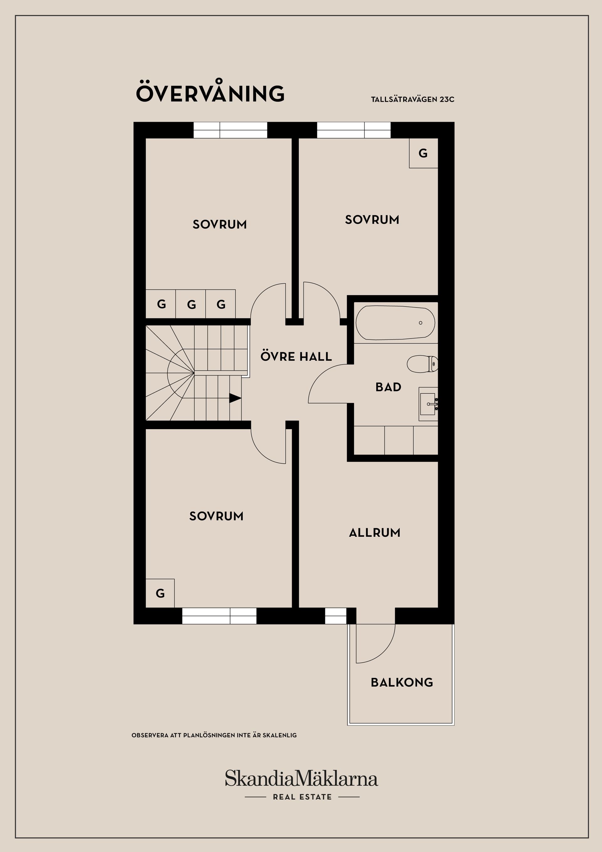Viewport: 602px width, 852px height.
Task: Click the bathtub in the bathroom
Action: point(395,322)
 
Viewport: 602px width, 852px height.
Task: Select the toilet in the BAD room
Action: point(422,364)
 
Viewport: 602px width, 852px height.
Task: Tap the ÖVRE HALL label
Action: point(296,356)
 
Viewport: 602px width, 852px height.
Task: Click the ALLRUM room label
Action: point(375,533)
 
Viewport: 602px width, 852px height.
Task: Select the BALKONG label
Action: point(402,682)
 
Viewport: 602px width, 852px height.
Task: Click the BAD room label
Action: point(388,387)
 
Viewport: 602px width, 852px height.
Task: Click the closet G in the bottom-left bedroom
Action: point(160,593)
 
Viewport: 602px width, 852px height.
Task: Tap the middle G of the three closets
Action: point(191,304)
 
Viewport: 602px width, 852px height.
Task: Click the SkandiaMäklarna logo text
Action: point(301,778)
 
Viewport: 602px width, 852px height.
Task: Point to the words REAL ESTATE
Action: point(302,797)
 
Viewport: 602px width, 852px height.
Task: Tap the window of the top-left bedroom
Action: point(230,130)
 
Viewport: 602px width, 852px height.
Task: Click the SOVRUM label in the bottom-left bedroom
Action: point(216,516)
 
